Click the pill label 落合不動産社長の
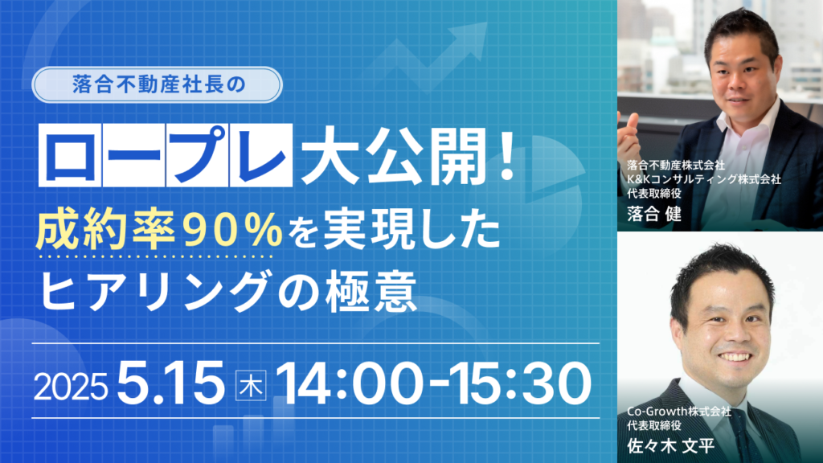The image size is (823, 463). tap(157, 84)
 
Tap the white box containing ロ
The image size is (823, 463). tap(70, 155)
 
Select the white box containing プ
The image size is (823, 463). tap(198, 155)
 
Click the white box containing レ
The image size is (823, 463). tap(261, 155)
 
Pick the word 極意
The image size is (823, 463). tap(371, 290)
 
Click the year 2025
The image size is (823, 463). tap(71, 387)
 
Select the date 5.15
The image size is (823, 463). tap(171, 383)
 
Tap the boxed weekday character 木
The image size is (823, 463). tap(251, 386)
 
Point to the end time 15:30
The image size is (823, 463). tap(517, 383)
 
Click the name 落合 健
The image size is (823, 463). tap(654, 214)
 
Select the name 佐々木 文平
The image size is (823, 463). tap(671, 446)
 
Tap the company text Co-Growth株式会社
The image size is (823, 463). tap(678, 411)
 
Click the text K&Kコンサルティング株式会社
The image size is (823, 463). tap(704, 179)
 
